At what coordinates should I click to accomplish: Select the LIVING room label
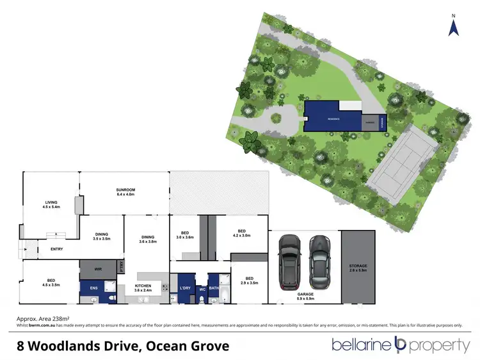coord(47,204)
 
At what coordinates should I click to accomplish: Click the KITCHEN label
coord(143,288)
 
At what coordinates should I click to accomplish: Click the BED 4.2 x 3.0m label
coord(242,233)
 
